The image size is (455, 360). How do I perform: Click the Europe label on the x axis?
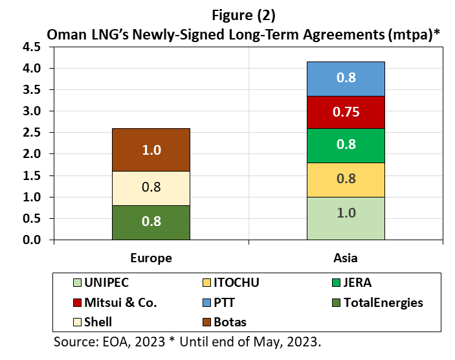(151, 258)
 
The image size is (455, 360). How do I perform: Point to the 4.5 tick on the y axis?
(32, 47)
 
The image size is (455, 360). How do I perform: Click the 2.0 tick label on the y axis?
(32, 154)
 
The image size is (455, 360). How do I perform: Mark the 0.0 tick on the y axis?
(32, 240)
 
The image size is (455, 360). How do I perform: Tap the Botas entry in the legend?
(230, 322)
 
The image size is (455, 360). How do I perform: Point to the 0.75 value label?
(346, 112)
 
